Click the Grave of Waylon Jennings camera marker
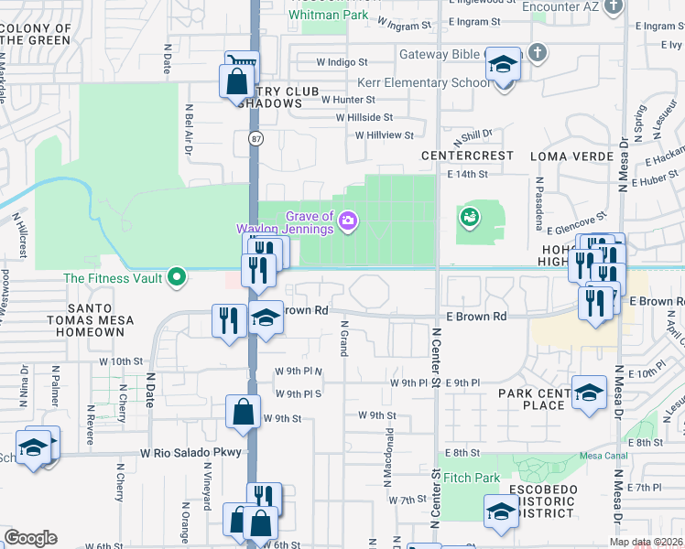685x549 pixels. click(x=348, y=220)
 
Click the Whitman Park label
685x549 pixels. click(x=329, y=16)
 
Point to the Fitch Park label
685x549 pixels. click(x=472, y=478)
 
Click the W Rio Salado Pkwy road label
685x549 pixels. click(x=190, y=453)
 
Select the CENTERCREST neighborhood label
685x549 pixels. click(x=467, y=156)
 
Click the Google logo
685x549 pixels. click(x=30, y=538)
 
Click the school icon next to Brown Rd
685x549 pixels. click(x=266, y=317)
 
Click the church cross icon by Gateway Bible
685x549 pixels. click(x=538, y=52)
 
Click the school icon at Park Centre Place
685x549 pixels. click(x=590, y=391)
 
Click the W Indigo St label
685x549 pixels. click(x=342, y=63)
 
